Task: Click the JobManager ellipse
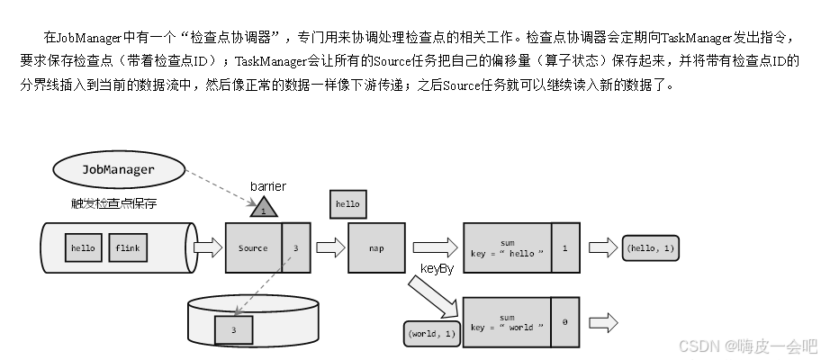click(118, 169)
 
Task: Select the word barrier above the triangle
click(267, 186)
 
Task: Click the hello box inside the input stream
click(83, 247)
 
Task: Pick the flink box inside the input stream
click(127, 247)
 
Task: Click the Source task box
click(253, 247)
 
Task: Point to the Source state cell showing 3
click(295, 247)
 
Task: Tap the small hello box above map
click(347, 204)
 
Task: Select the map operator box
click(377, 247)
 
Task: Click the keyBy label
click(437, 269)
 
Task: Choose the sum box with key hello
click(507, 247)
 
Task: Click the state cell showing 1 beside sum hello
click(564, 247)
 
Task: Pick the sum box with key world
click(507, 322)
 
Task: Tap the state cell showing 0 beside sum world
click(564, 322)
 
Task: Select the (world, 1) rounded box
click(431, 333)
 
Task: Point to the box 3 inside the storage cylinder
click(232, 328)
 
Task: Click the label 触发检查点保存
click(113, 203)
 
